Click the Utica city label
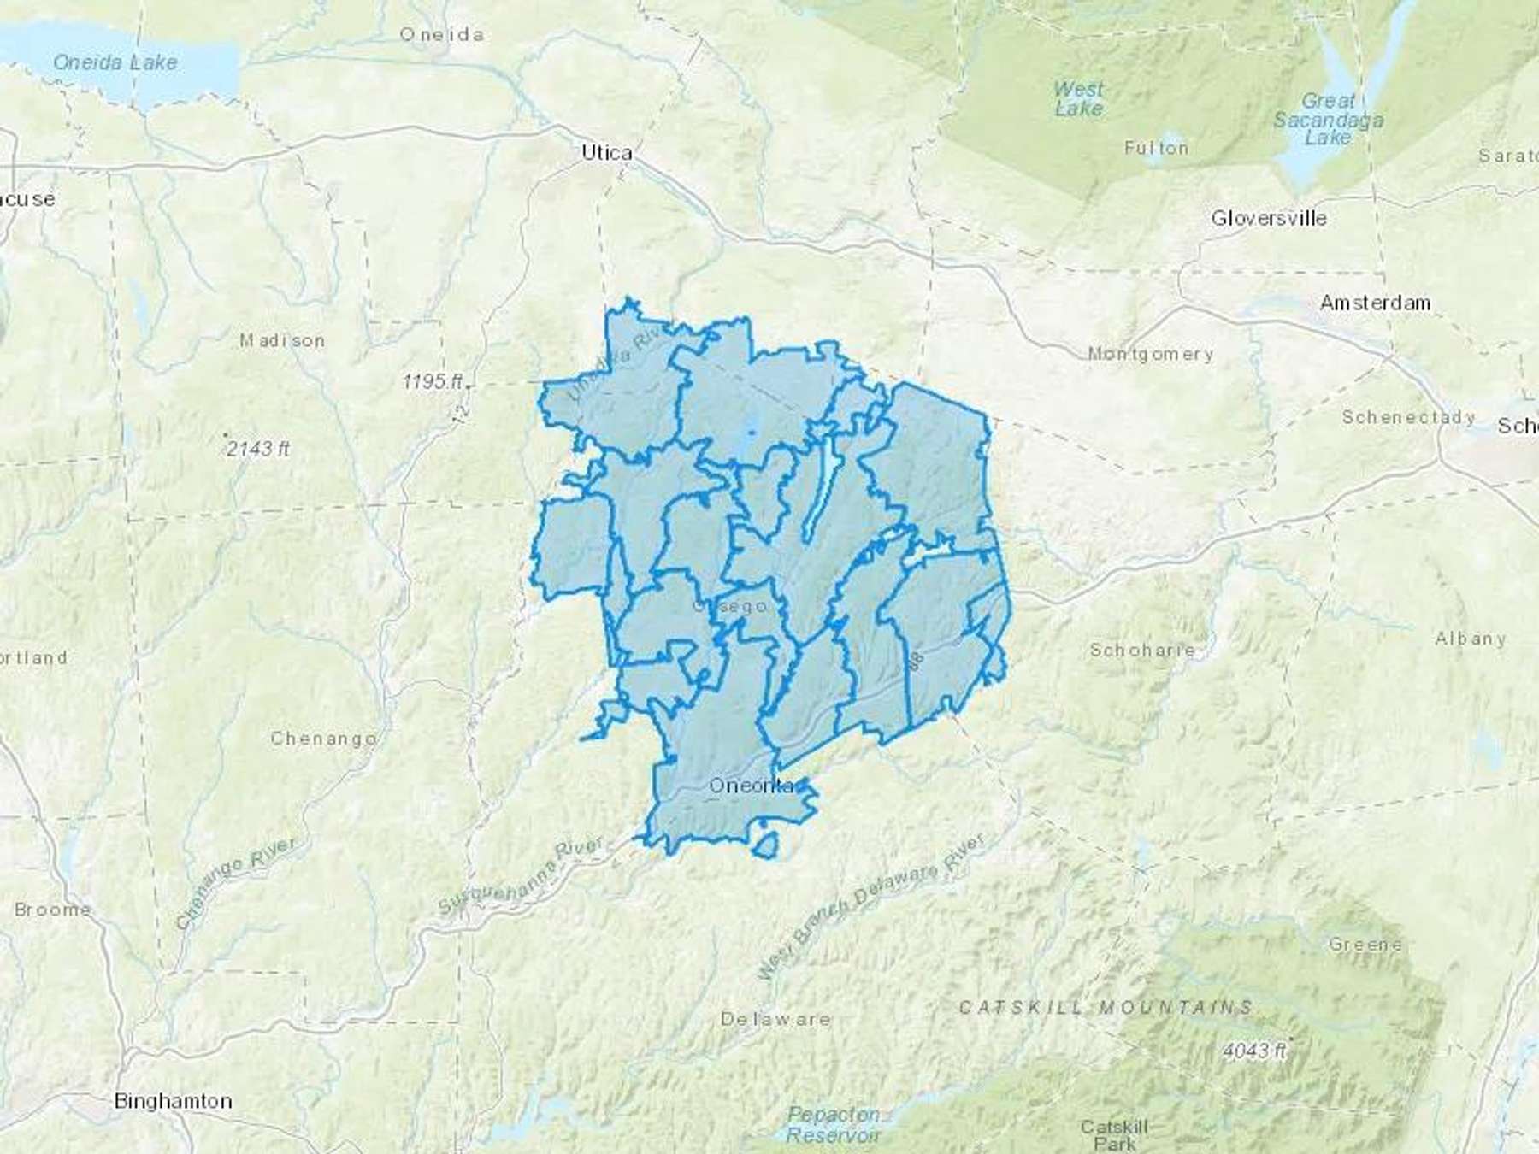click(x=607, y=153)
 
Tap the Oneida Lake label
click(x=115, y=62)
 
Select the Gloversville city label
click(x=1269, y=218)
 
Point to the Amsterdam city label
click(x=1375, y=303)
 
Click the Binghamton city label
click(x=173, y=1101)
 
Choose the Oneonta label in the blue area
click(x=752, y=786)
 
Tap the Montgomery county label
click(x=1150, y=353)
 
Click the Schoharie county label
click(x=1142, y=650)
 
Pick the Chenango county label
click(x=323, y=738)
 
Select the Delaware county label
click(x=775, y=1019)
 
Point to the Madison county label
click(x=282, y=340)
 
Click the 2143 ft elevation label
click(x=258, y=448)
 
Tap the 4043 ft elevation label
click(x=1254, y=1050)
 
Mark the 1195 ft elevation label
click(x=433, y=381)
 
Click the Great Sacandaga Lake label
click(x=1328, y=119)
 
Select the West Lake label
click(x=1078, y=98)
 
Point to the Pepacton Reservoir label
click(x=833, y=1124)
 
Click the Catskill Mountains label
click(x=1106, y=1008)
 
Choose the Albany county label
click(x=1471, y=639)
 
